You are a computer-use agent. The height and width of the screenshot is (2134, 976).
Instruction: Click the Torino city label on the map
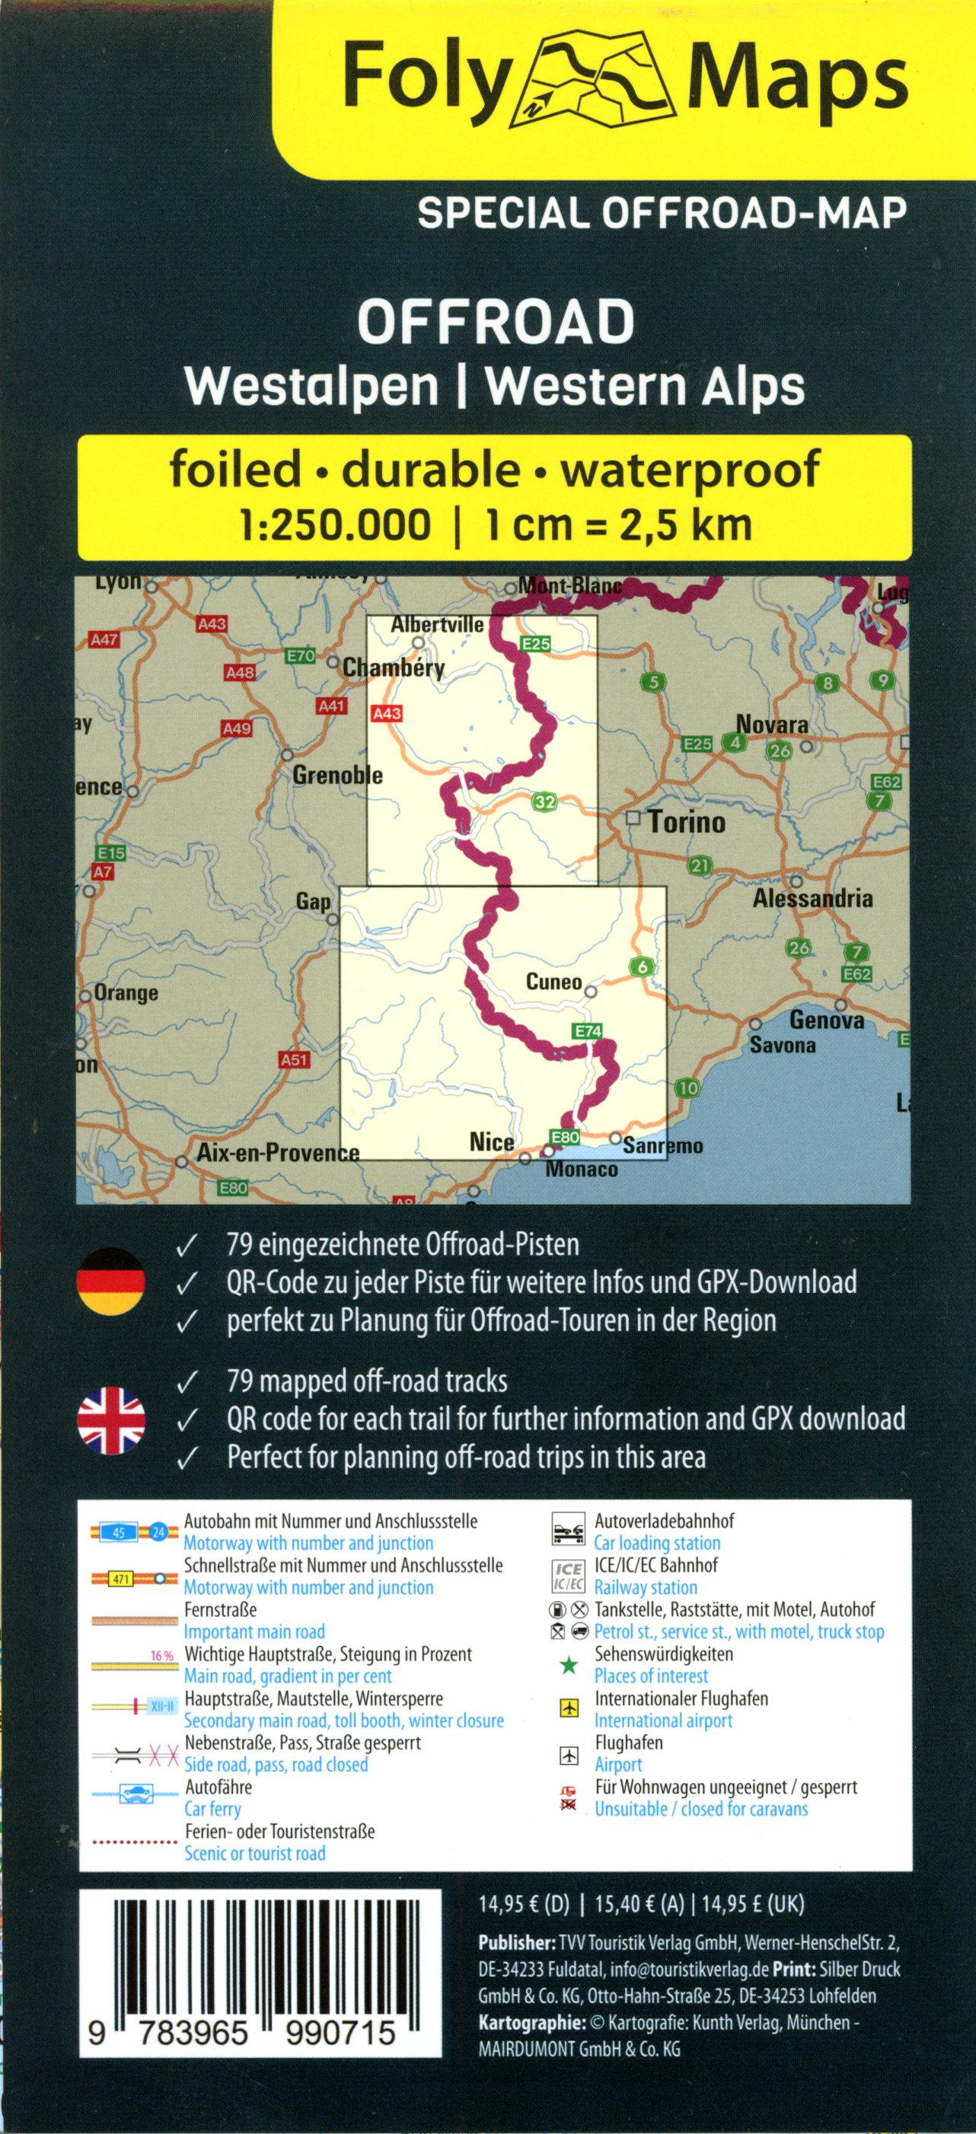click(x=686, y=822)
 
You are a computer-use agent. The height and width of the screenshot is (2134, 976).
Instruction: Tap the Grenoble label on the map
click(x=337, y=776)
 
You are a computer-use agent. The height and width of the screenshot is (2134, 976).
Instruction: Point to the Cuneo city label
click(x=553, y=982)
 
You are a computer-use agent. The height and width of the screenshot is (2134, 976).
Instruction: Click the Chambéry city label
click(x=394, y=667)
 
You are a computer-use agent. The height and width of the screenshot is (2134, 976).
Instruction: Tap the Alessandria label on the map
click(x=812, y=898)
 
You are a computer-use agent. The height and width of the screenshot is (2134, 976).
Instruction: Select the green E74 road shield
click(x=585, y=1030)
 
